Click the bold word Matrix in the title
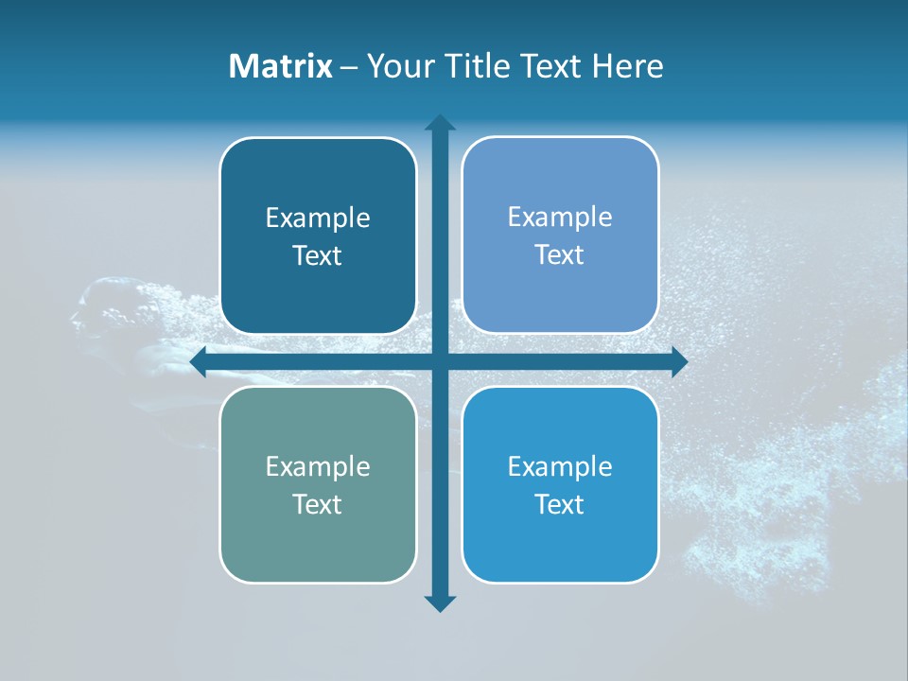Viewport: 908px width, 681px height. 280,66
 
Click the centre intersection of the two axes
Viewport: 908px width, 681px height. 440,361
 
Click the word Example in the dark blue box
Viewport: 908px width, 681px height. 318,218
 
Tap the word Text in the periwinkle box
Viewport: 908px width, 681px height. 560,255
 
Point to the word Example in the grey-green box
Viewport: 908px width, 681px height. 318,466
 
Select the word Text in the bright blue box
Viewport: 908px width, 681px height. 560,504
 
